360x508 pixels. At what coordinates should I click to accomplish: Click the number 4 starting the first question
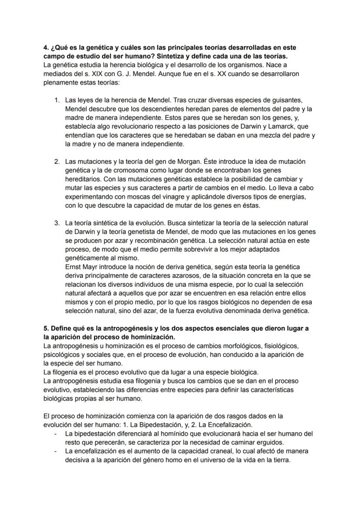tap(46, 47)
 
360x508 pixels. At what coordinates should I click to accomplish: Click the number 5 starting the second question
tap(46, 329)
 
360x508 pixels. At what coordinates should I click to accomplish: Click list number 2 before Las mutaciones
tap(57, 162)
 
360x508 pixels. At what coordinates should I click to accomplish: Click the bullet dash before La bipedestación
tap(55, 434)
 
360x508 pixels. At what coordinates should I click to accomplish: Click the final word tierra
tap(279, 460)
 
